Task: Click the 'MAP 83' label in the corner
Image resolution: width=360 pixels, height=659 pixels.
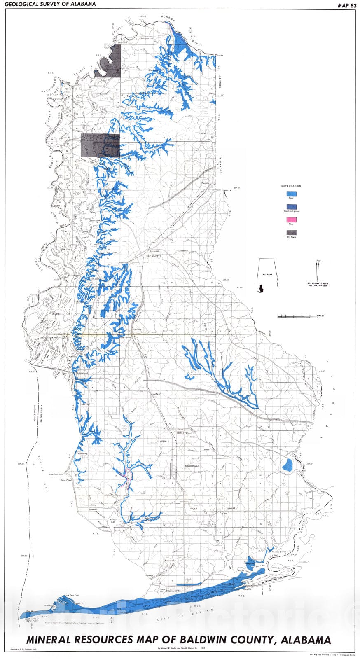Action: click(345, 5)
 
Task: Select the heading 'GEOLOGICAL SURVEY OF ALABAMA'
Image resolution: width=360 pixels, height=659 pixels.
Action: click(50, 4)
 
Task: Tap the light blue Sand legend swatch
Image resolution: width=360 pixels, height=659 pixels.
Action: click(291, 193)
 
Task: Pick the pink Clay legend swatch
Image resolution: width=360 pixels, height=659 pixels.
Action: click(291, 220)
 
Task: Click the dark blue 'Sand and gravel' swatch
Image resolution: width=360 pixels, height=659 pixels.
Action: click(291, 206)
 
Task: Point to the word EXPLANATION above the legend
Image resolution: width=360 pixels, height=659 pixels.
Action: click(291, 186)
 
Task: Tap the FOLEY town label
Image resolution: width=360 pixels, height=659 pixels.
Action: click(194, 509)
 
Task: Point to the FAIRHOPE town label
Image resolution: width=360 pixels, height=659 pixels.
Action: click(82, 453)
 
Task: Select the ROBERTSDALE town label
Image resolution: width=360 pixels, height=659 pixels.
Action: click(185, 433)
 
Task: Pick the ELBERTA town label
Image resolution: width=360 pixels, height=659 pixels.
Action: click(231, 509)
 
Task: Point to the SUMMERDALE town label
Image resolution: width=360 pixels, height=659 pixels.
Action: click(192, 466)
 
